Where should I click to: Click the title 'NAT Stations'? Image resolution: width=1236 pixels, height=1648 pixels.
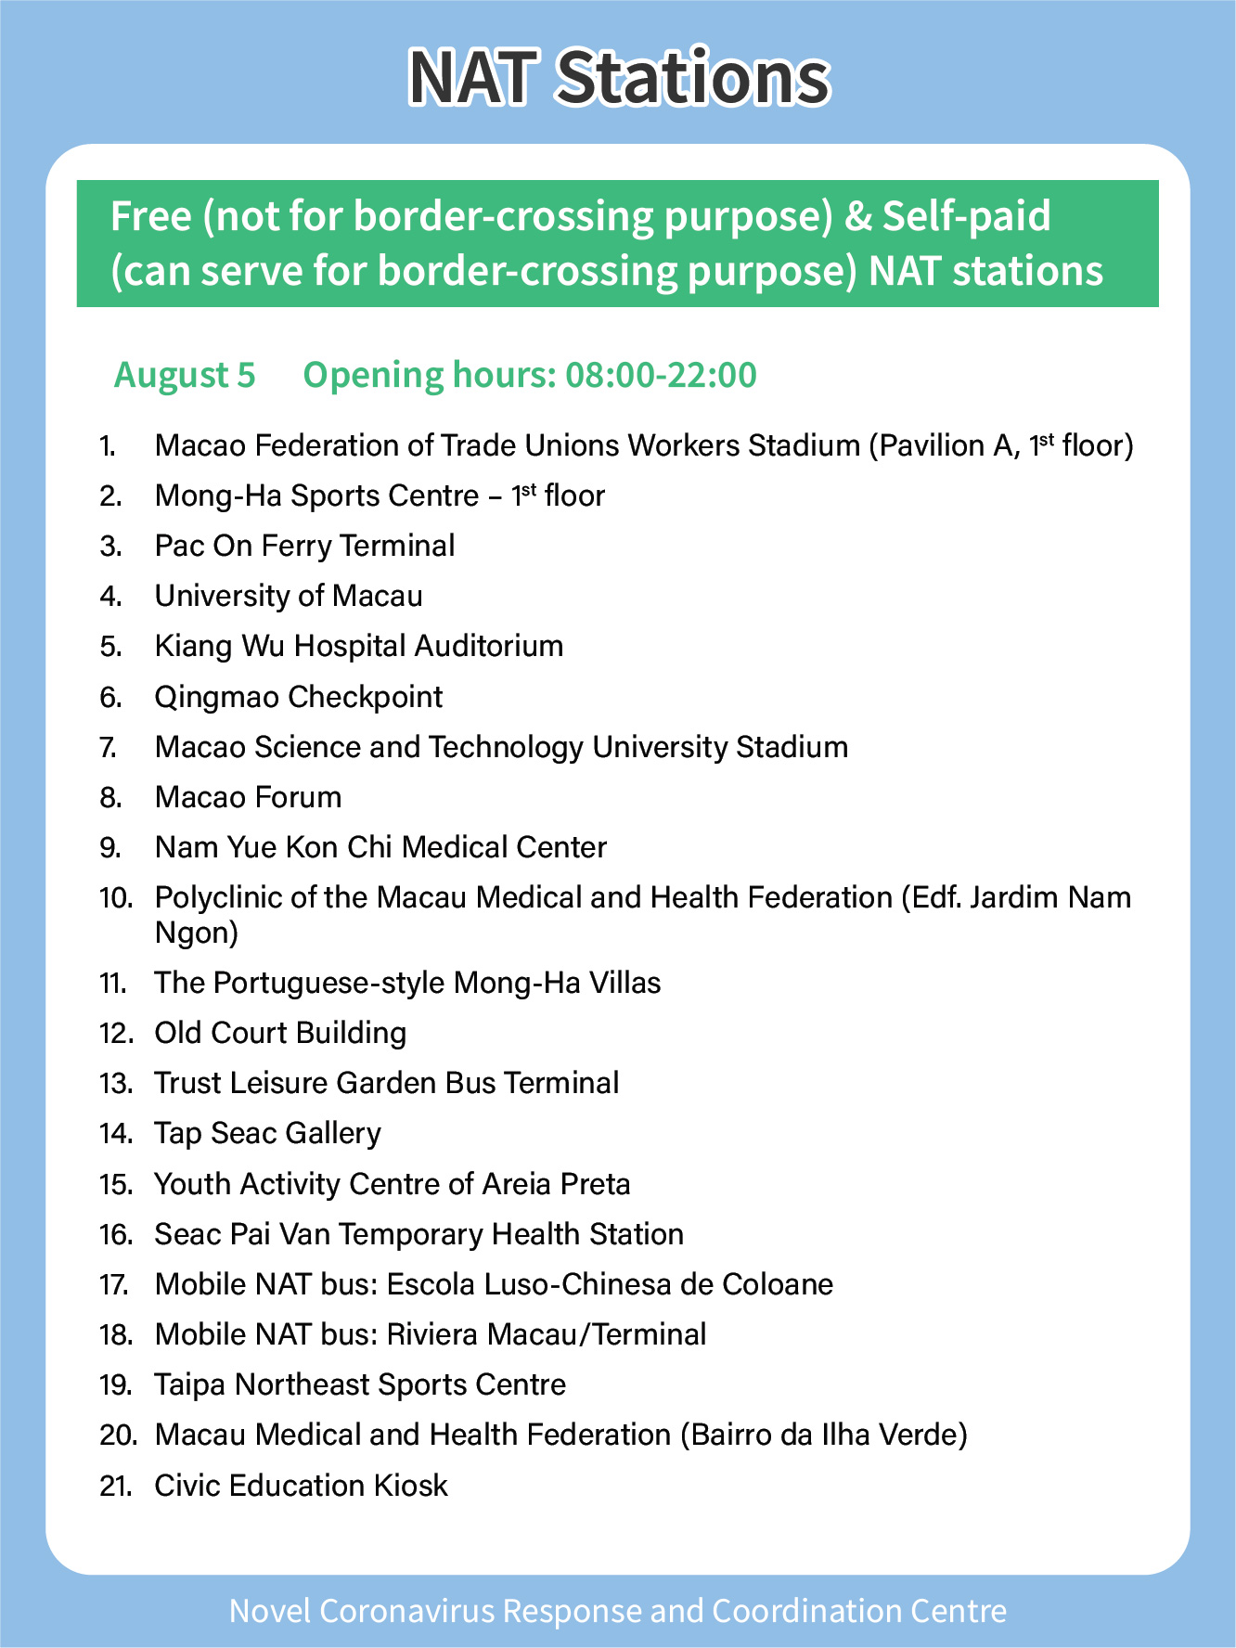[x=619, y=77]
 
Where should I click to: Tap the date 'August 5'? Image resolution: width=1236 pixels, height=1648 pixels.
[x=184, y=375]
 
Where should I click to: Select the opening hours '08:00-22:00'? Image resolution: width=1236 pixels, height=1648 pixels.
[x=661, y=375]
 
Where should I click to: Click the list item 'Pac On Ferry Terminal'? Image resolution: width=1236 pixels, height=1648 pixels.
[x=304, y=546]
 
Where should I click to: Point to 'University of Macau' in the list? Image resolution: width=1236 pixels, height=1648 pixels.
[x=289, y=596]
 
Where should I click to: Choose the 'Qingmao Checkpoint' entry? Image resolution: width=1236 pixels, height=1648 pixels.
[x=299, y=697]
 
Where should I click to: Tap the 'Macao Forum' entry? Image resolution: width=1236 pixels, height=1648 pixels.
[x=248, y=797]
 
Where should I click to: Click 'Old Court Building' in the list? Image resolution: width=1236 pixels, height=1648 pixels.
[x=280, y=1033]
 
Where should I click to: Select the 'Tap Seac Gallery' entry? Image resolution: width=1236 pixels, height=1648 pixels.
[x=267, y=1133]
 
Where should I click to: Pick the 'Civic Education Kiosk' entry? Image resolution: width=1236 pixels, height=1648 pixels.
[x=301, y=1485]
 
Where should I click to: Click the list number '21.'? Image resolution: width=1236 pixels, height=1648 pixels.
[x=115, y=1486]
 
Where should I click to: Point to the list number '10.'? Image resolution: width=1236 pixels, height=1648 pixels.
[x=117, y=898]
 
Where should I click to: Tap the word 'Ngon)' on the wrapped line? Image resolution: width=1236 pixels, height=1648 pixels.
[x=197, y=933]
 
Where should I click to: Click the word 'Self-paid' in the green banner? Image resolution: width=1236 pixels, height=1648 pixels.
[x=966, y=216]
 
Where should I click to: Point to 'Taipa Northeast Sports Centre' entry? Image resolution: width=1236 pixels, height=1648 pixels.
[x=360, y=1384]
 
